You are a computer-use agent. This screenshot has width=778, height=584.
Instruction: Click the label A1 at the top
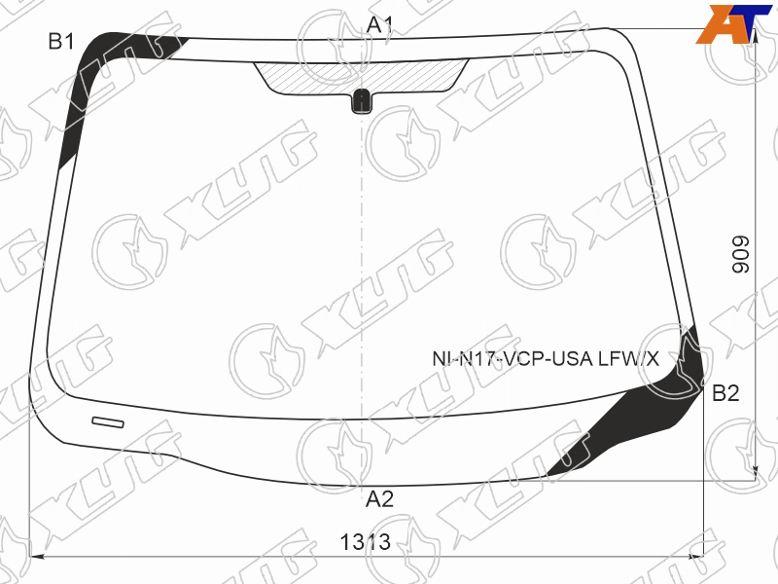point(379,24)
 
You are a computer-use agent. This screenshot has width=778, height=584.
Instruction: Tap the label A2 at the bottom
point(379,499)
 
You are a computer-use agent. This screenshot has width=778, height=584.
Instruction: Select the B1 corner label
point(61,41)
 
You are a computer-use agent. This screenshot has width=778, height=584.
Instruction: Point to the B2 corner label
point(725,393)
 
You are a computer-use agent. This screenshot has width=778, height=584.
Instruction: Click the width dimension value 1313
point(366,542)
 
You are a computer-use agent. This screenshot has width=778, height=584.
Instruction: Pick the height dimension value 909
point(741,254)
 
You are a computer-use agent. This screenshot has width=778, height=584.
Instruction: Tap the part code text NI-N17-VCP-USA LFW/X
point(546,358)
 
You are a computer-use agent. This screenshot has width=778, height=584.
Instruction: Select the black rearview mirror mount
point(362,101)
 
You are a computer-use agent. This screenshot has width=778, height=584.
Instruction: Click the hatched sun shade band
point(361,78)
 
